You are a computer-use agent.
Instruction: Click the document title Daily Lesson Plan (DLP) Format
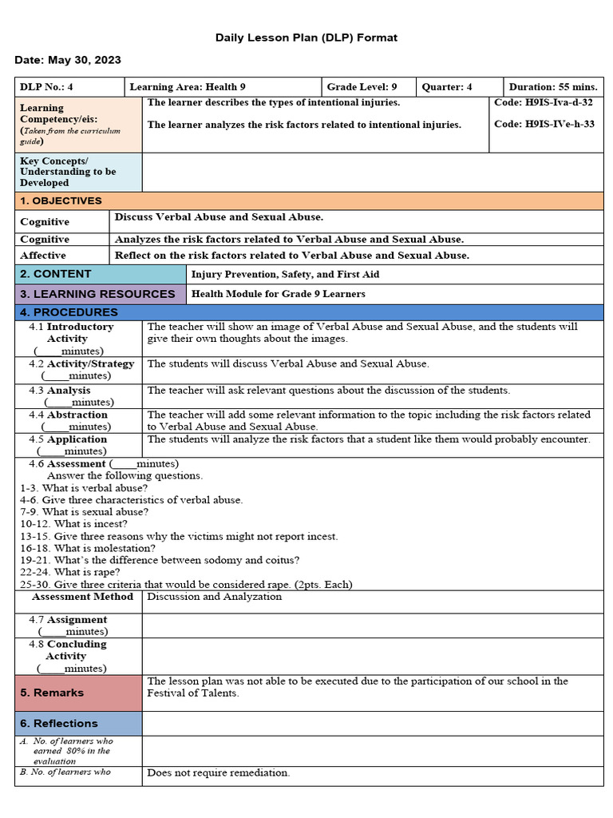point(306,38)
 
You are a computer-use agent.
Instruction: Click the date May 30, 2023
point(68,61)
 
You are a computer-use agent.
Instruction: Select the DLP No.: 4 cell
point(47,87)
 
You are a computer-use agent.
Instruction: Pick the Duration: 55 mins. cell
point(554,87)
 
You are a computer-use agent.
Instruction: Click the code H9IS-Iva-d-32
point(544,103)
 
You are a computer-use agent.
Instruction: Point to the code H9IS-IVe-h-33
point(544,124)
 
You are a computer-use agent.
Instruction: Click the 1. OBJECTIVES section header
point(61,201)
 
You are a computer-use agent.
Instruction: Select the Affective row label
point(43,256)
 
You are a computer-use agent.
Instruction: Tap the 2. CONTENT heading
point(56,274)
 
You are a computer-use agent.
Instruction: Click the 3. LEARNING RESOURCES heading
point(97,294)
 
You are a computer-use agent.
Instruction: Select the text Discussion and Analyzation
point(215,597)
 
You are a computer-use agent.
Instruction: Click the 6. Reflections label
point(59,724)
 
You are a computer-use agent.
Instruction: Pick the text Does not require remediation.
point(219,773)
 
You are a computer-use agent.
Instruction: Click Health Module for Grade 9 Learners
point(279,294)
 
